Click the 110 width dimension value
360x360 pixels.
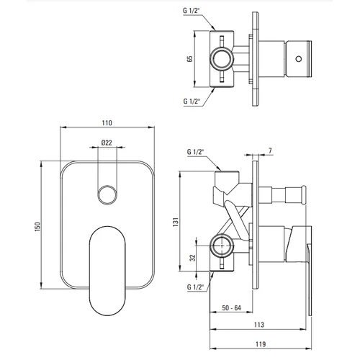107,123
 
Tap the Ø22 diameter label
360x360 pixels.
107,143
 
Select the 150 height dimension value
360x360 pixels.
37,227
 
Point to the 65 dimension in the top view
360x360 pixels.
190,59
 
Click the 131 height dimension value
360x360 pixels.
176,222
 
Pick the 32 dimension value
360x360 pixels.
193,258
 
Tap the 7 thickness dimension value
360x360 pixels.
270,150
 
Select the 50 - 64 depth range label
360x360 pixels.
231,308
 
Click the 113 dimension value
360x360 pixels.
259,325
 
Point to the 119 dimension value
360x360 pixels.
261,344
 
